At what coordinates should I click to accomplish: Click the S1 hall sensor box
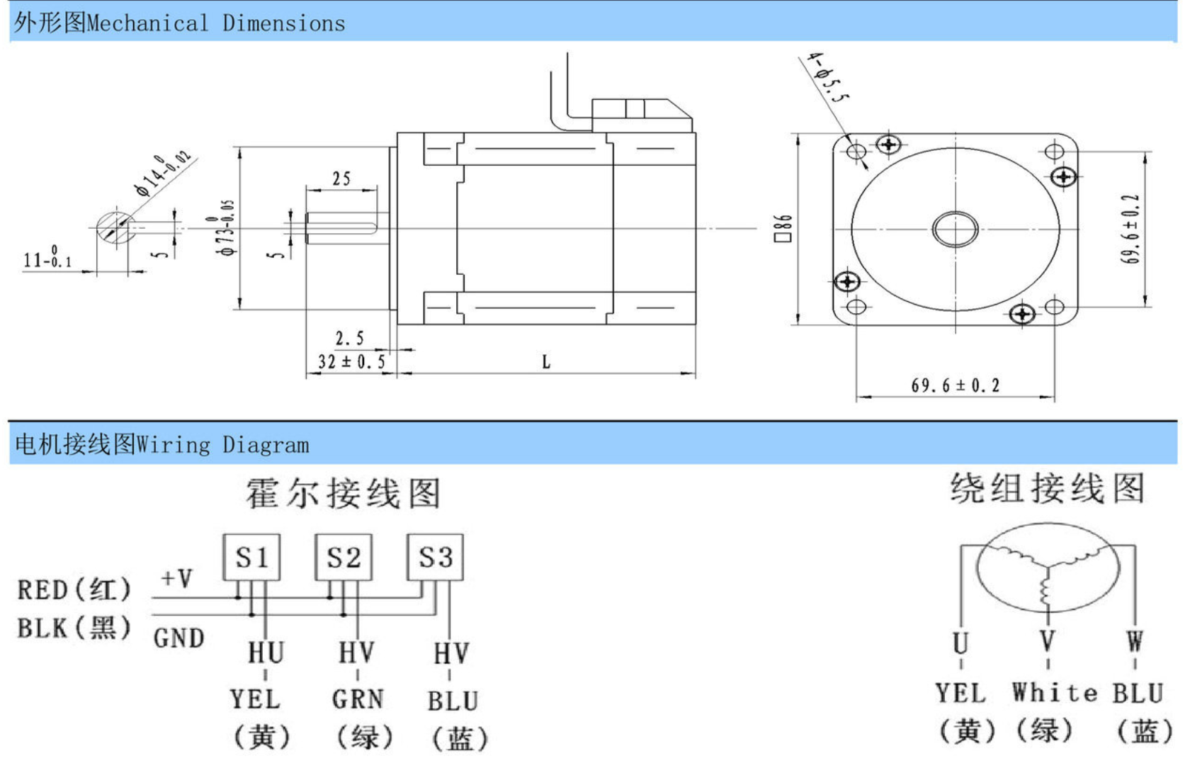click(251, 558)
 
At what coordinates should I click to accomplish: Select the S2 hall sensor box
click(344, 558)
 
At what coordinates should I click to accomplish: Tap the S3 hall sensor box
click(435, 558)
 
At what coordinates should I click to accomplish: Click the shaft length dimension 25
click(341, 179)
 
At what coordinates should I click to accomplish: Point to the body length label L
click(546, 362)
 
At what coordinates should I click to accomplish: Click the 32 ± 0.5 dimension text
click(351, 362)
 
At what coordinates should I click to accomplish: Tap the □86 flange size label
click(783, 228)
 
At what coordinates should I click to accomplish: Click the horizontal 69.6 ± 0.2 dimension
click(955, 385)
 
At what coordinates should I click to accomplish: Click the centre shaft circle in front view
click(956, 229)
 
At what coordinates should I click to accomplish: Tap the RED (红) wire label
click(74, 589)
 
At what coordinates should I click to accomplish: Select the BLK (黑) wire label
click(74, 628)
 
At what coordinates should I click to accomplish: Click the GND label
click(178, 638)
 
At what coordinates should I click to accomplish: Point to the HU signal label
click(266, 653)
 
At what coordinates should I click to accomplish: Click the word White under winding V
click(1055, 692)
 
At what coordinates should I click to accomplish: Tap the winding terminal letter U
click(960, 643)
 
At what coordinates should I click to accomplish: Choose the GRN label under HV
click(358, 699)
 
